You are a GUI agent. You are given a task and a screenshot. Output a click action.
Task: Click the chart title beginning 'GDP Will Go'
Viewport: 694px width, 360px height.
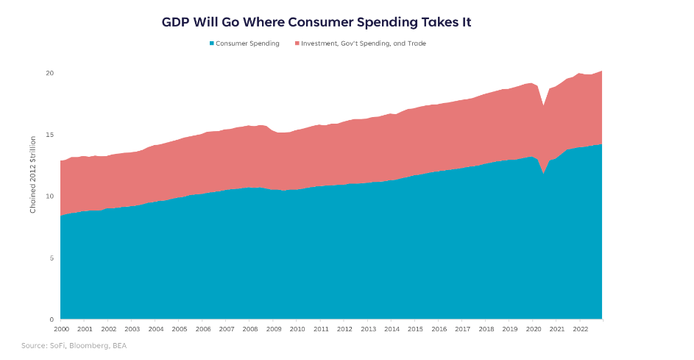click(x=316, y=22)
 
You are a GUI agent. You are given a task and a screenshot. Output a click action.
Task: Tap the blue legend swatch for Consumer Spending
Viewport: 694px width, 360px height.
click(x=212, y=43)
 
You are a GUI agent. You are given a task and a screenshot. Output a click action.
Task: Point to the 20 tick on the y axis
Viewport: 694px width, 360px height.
click(x=49, y=73)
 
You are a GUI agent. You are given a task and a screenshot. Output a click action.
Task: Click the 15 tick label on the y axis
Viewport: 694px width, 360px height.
click(x=49, y=135)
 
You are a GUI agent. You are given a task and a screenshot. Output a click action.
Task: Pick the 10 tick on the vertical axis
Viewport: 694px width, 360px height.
click(x=49, y=197)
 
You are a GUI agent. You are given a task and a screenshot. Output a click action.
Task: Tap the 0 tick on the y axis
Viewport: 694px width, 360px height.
click(x=52, y=320)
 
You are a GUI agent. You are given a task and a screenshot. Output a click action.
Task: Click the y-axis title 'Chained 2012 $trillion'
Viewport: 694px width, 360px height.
click(x=33, y=180)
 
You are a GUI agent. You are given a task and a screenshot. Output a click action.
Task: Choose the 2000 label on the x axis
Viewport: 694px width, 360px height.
click(x=61, y=329)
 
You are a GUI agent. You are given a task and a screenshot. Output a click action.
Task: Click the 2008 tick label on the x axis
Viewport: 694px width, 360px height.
click(x=250, y=329)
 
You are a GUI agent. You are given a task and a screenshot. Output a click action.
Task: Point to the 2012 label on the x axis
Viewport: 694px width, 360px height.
click(x=344, y=329)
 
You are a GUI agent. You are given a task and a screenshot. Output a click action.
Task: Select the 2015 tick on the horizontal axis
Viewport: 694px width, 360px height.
click(x=415, y=329)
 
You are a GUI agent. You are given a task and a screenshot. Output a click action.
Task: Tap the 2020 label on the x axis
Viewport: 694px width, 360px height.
click(x=533, y=329)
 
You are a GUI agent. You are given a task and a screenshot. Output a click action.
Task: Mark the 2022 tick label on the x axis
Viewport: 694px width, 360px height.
click(x=580, y=329)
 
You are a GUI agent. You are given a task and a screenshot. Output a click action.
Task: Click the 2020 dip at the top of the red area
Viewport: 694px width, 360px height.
click(x=544, y=106)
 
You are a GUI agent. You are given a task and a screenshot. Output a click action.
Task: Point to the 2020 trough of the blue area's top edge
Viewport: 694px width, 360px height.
click(x=544, y=174)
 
